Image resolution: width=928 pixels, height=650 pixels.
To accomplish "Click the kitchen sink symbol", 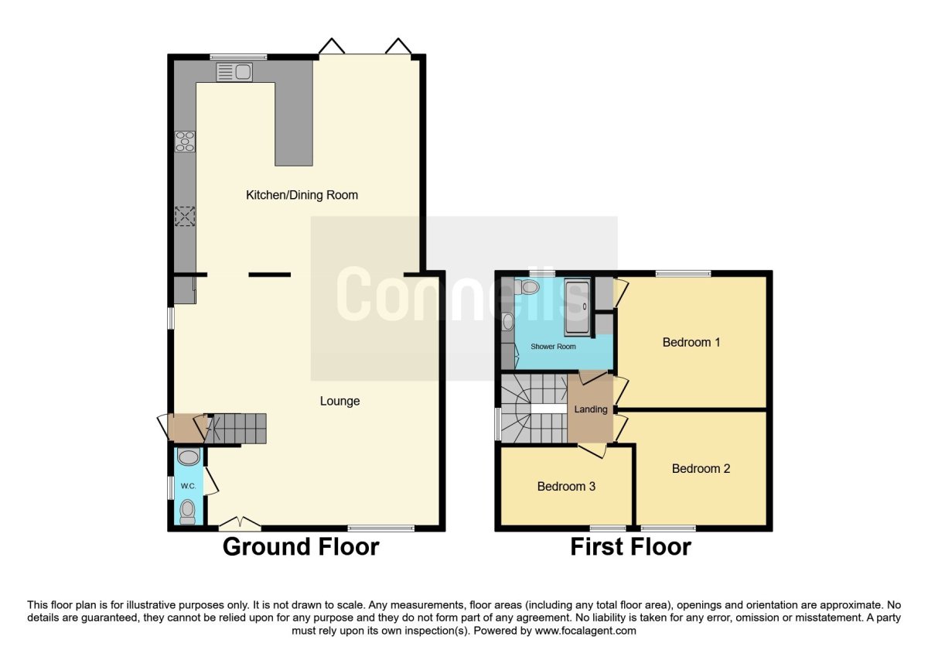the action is coord(234,72).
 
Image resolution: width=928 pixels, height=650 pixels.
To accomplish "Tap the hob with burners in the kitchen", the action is coord(185,142).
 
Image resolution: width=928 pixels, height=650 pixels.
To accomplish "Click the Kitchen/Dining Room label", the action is coord(302,195).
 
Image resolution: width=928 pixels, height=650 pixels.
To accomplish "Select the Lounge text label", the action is coord(339,401).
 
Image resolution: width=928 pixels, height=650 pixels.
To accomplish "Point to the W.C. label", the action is coord(188,486).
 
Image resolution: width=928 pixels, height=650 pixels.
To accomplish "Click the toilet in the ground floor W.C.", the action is coord(188,513).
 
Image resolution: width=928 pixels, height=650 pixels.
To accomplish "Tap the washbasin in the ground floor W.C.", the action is coord(189,457).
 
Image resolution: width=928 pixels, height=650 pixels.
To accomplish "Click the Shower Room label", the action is coord(553,346).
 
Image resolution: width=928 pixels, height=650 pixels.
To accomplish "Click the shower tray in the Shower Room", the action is coord(577,308).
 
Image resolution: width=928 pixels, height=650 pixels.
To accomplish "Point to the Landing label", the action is coord(591,409).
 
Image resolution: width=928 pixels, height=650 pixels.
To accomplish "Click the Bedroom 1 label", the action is coord(691,342).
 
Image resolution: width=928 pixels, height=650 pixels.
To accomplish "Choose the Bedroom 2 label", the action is coord(701,468).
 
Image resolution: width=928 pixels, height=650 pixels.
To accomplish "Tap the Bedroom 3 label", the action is coord(566,486).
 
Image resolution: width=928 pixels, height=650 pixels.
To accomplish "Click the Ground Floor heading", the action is coord(301,546).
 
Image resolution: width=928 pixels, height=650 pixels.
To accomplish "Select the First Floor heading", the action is coord(631,546).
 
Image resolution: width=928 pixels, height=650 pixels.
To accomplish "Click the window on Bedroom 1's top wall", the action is coord(684,273).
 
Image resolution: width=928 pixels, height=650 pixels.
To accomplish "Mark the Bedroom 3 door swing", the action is coord(593,450).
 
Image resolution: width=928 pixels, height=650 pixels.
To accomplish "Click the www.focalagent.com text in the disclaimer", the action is coord(585,631).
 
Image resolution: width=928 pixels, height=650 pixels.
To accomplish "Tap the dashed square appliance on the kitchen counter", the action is coord(185,217).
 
